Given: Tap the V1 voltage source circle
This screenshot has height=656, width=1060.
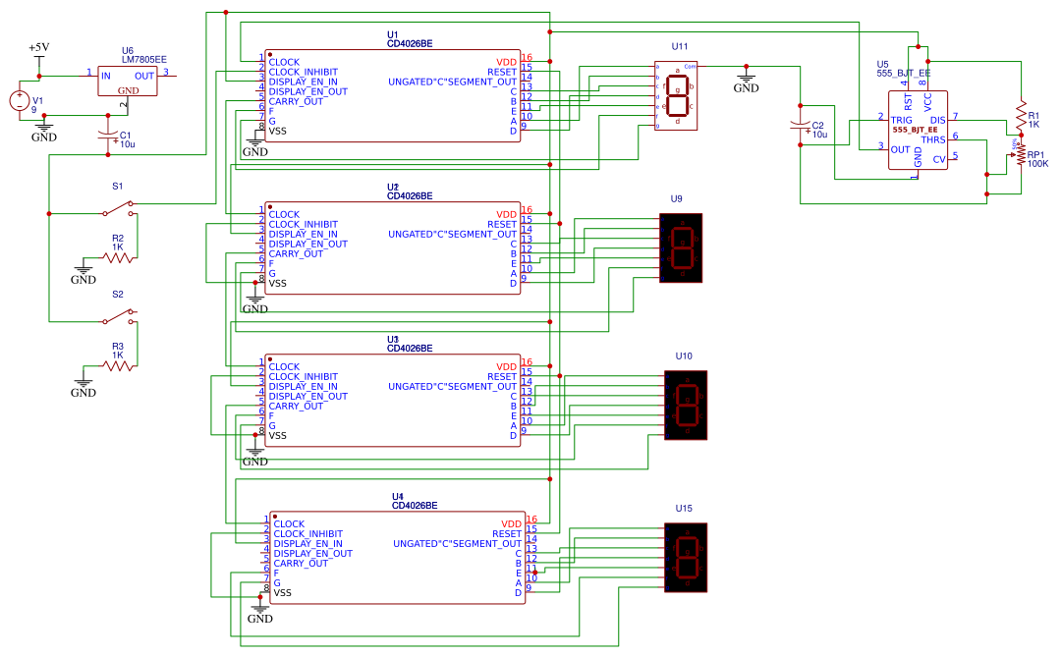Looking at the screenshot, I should pyautogui.click(x=19, y=100).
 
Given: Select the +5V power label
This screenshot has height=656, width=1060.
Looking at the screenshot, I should pyautogui.click(x=38, y=47).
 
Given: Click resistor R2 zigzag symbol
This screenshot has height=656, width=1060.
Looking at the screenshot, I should pyautogui.click(x=118, y=257).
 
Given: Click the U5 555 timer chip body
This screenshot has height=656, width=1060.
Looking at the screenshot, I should pyautogui.click(x=918, y=130).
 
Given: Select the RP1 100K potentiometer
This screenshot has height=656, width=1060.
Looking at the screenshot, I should pyautogui.click(x=1021, y=154).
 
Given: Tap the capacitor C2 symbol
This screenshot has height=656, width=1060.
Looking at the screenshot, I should pyautogui.click(x=801, y=127).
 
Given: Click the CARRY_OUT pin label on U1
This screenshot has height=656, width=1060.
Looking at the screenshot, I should pyautogui.click(x=296, y=101).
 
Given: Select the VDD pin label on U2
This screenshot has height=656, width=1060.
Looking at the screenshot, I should pyautogui.click(x=506, y=214).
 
